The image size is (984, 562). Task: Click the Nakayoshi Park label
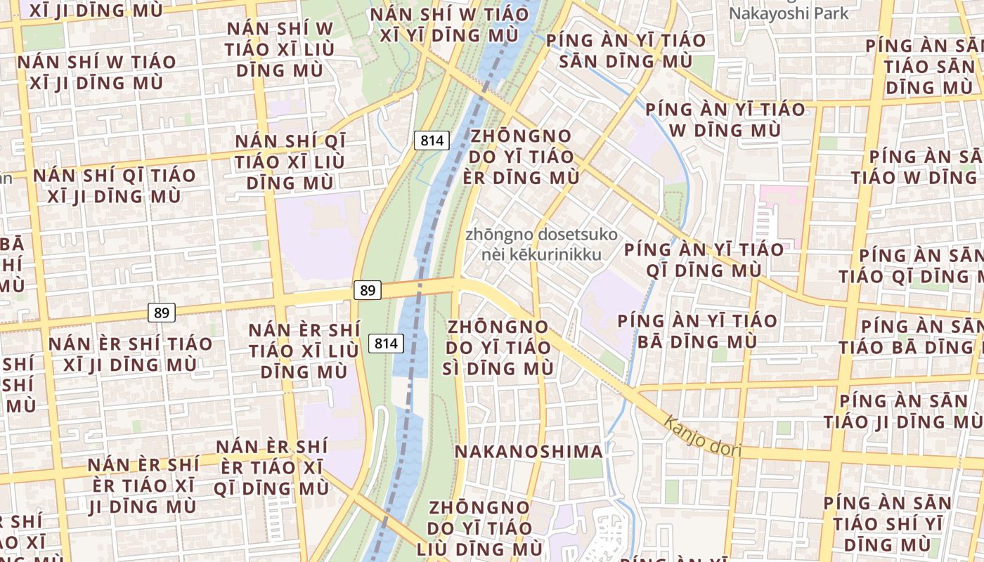pyautogui.click(x=789, y=13)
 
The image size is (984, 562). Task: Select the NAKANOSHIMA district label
pyautogui.click(x=529, y=451)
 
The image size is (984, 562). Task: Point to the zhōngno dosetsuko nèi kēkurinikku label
pyautogui.click(x=542, y=244)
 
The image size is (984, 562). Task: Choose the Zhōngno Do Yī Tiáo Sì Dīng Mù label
pyautogui.click(x=499, y=347)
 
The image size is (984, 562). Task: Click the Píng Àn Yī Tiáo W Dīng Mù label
pyautogui.click(x=725, y=119)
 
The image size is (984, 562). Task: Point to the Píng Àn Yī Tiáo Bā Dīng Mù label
pyautogui.click(x=697, y=331)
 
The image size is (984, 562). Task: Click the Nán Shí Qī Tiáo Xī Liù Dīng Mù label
pyautogui.click(x=290, y=162)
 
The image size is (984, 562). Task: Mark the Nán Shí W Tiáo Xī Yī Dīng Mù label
pyautogui.click(x=450, y=24)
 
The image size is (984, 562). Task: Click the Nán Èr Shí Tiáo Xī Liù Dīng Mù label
pyautogui.click(x=304, y=351)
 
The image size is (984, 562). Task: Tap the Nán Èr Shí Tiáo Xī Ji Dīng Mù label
pyautogui.click(x=130, y=354)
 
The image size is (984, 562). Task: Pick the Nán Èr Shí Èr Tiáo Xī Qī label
pyautogui.click(x=272, y=467)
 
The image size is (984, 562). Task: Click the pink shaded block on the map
pyautogui.click(x=780, y=211)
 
